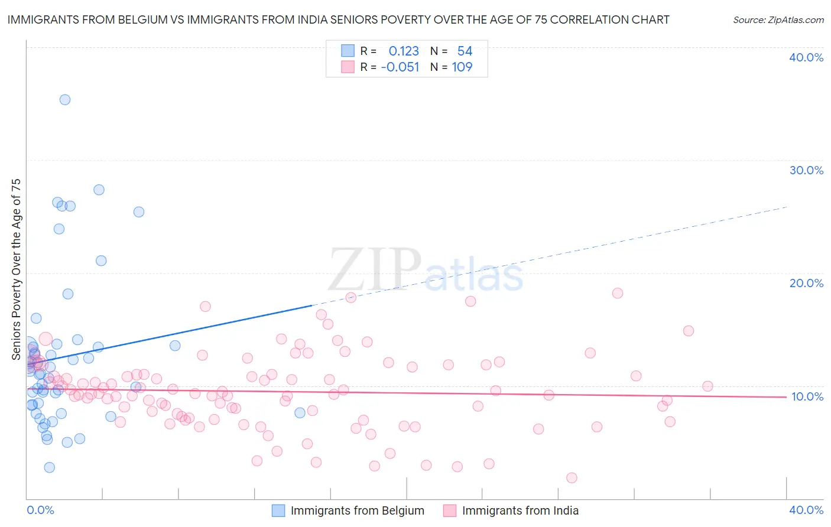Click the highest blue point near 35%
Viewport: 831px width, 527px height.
tap(65, 100)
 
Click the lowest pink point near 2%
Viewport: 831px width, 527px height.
tap(572, 477)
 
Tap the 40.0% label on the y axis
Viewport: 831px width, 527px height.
tap(806, 57)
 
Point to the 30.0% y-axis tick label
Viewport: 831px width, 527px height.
tap(806, 170)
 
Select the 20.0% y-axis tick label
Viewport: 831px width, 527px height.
tap(806, 283)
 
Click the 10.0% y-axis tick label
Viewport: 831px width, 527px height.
tap(807, 396)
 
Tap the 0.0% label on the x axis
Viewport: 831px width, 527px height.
tap(40, 510)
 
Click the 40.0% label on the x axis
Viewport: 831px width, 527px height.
tap(806, 510)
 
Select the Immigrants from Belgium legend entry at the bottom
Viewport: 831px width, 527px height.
tap(357, 510)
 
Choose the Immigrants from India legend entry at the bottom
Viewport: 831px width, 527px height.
tap(520, 510)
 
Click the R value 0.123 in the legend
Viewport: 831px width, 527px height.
tap(404, 51)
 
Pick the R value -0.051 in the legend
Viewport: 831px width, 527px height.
tap(400, 67)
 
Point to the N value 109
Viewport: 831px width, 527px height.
tap(462, 67)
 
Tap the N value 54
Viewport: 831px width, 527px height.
tap(465, 51)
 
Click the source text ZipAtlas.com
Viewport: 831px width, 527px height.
tap(778, 20)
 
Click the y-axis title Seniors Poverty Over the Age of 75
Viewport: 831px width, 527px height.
tap(17, 269)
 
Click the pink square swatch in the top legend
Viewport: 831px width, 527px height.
tap(348, 67)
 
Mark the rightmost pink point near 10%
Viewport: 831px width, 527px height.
tap(707, 386)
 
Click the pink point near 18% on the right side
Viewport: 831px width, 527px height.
tap(618, 293)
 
